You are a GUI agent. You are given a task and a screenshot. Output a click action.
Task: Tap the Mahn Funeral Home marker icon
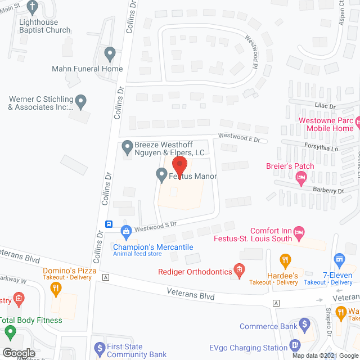click(x=110, y=55)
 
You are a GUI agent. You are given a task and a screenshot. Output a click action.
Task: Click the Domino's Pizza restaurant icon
click(x=55, y=289)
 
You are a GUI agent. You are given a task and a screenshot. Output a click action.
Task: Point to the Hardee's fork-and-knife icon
click(x=286, y=260)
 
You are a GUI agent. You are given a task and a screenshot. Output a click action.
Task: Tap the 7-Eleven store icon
click(x=339, y=259)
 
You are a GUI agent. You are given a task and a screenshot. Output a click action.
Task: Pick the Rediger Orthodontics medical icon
click(x=240, y=271)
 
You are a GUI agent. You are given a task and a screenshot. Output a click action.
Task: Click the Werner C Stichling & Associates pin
click(x=81, y=102)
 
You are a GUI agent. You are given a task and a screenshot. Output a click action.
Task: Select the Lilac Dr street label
click(x=325, y=106)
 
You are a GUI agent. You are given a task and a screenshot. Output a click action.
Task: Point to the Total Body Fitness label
click(x=31, y=321)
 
